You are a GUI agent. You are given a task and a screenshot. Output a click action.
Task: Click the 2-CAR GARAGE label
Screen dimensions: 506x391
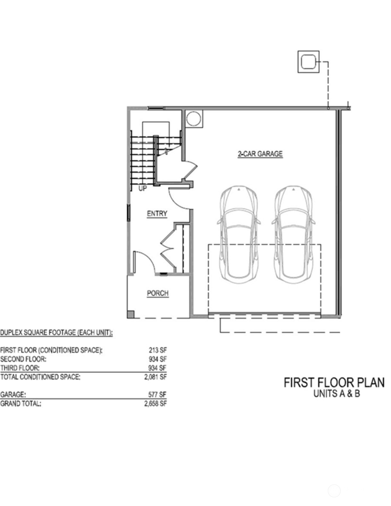(x=260, y=154)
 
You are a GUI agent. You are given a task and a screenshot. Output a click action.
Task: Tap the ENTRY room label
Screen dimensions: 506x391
(x=157, y=214)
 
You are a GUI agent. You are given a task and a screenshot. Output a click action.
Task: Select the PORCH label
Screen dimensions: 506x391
(x=158, y=293)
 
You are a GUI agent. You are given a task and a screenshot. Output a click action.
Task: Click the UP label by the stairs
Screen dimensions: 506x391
(x=143, y=188)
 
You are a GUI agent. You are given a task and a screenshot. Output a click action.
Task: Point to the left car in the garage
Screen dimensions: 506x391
(x=239, y=234)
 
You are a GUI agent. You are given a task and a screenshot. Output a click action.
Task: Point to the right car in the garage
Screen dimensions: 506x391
(x=293, y=234)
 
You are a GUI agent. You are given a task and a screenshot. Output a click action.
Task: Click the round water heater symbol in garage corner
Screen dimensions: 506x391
(x=194, y=119)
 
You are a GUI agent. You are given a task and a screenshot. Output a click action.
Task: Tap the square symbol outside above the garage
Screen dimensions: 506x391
(x=308, y=62)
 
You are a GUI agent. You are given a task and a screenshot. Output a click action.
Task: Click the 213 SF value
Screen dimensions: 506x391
(x=157, y=350)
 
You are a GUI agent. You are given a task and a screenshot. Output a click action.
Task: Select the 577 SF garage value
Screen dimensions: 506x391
(x=157, y=394)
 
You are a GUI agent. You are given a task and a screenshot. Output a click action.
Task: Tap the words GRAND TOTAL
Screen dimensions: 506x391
(x=21, y=404)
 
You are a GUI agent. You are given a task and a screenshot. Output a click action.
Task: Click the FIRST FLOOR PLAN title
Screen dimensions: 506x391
(x=334, y=382)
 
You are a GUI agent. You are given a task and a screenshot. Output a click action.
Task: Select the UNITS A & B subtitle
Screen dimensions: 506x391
(x=336, y=394)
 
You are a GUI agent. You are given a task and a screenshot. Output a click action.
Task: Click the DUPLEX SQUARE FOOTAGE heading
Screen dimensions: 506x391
(x=56, y=333)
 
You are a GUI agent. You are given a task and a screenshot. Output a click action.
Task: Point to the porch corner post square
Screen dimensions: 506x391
(x=131, y=314)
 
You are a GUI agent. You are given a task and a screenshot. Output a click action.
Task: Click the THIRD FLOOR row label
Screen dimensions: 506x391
(x=20, y=368)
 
